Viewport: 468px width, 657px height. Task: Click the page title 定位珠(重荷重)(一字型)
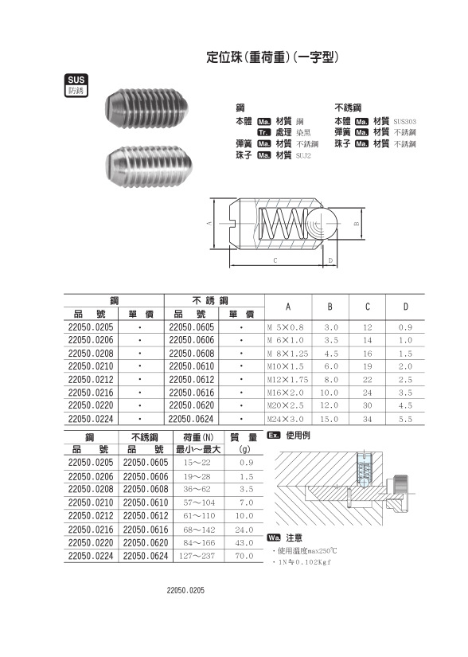[273, 57]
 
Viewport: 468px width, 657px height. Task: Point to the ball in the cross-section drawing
[322, 225]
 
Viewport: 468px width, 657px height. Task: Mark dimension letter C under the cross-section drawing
[274, 260]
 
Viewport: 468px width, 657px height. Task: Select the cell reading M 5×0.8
[285, 327]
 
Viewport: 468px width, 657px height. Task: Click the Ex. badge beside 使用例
[274, 436]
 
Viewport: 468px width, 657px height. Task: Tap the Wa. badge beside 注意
[274, 538]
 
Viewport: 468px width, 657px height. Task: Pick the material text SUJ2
[305, 155]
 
